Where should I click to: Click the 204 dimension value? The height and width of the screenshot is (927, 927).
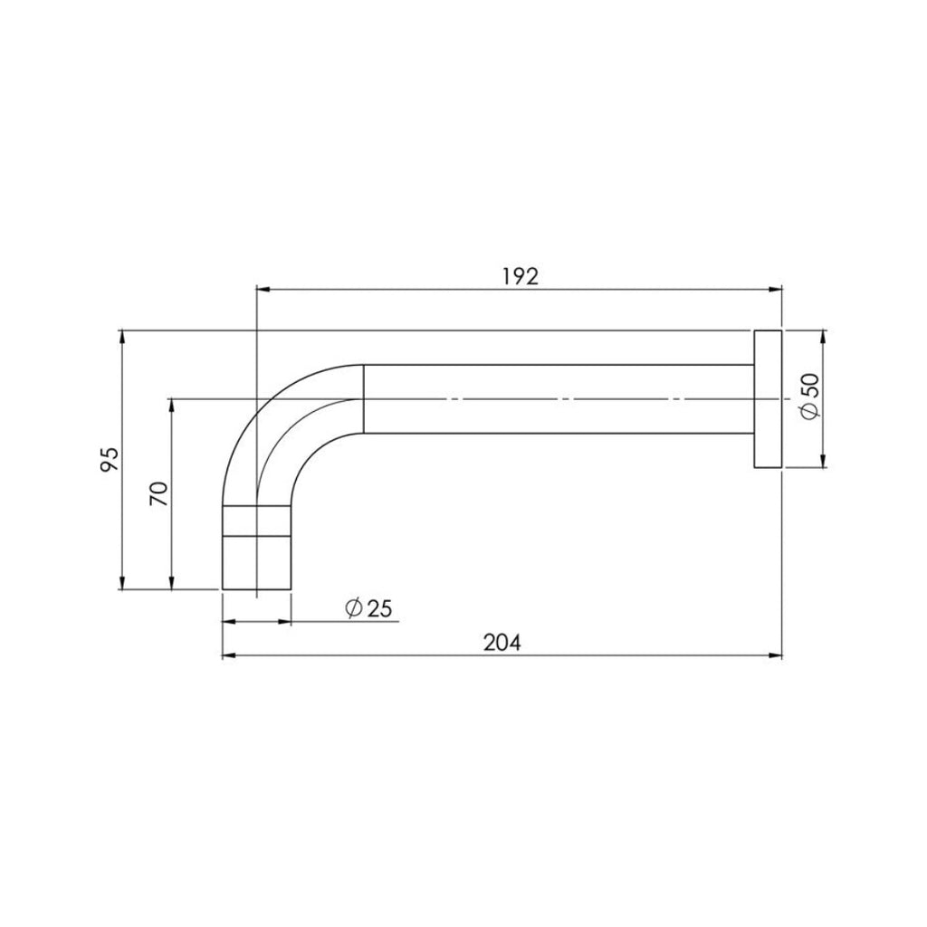click(502, 642)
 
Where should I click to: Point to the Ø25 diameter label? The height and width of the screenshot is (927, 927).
click(368, 608)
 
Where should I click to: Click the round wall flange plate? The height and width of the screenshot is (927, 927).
click(768, 398)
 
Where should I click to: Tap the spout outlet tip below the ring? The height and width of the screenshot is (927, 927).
click(256, 562)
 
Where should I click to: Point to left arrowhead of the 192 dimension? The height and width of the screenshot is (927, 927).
click(263, 290)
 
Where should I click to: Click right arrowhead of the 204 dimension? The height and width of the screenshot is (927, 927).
click(776, 655)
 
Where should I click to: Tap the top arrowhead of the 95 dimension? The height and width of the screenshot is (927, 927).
click(121, 337)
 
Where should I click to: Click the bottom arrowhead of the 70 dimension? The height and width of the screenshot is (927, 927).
click(171, 583)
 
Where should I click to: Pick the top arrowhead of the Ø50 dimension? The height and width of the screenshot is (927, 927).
click(822, 336)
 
